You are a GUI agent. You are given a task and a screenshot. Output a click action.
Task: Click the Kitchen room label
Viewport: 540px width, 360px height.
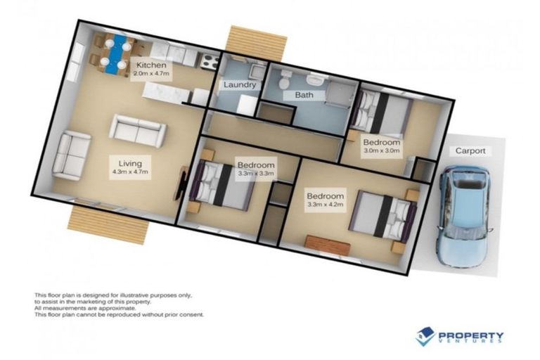[x=151, y=65]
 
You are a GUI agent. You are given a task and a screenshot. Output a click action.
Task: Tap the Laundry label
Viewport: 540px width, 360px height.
[x=239, y=84]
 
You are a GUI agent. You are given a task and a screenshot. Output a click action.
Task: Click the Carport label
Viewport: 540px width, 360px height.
[x=470, y=150]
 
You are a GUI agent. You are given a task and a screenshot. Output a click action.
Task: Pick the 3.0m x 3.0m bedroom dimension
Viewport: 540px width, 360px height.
[x=381, y=150]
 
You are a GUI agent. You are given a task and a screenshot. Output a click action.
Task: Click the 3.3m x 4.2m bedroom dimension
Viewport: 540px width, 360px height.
[x=325, y=205]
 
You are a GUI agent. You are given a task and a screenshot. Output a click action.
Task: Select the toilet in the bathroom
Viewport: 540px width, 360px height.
[x=283, y=82]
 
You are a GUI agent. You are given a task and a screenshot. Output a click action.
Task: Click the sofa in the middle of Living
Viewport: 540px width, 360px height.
[x=138, y=130]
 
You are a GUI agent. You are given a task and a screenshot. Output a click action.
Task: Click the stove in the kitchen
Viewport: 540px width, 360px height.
[x=208, y=62]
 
